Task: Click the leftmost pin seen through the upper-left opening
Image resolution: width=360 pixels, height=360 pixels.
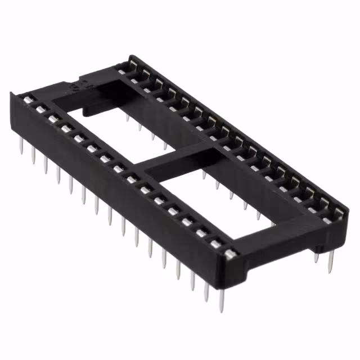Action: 128,119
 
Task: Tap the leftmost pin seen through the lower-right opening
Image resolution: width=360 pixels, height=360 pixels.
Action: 204,175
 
